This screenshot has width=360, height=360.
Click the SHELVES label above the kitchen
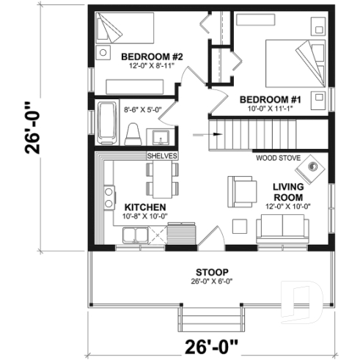(162, 156)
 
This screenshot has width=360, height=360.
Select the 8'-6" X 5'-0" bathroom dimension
(142, 109)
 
